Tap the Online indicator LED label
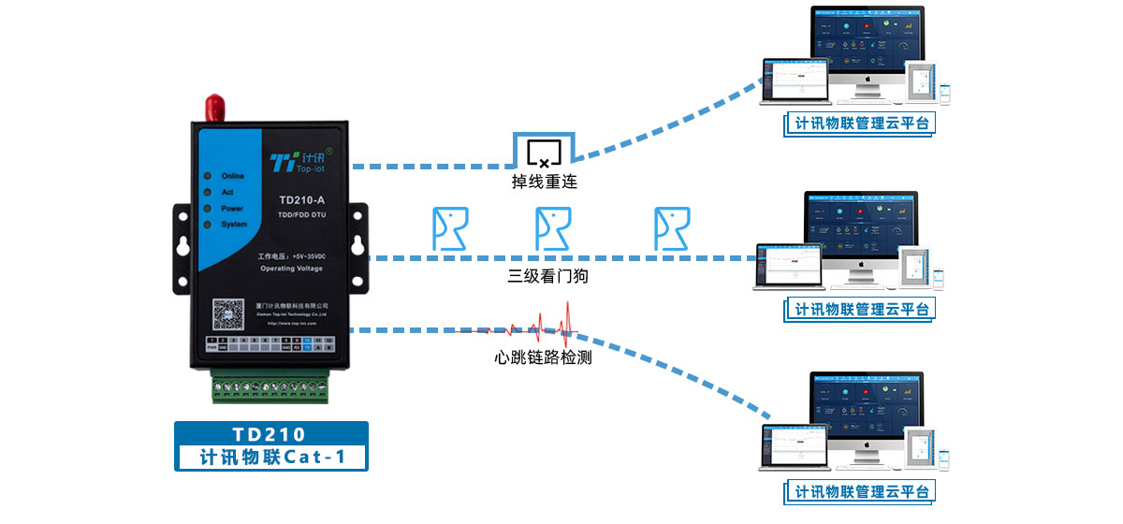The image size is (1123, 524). pyautogui.click(x=232, y=176)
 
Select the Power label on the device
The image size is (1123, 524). pyautogui.click(x=232, y=209)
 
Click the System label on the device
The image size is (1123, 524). pyautogui.click(x=234, y=225)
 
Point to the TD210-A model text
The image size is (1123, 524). pyautogui.click(x=302, y=199)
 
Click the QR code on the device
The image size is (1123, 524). pyautogui.click(x=224, y=314)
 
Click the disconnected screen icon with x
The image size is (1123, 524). pyautogui.click(x=544, y=152)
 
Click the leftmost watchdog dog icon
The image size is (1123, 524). pyautogui.click(x=449, y=228)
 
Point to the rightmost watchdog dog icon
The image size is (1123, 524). pyautogui.click(x=672, y=228)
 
